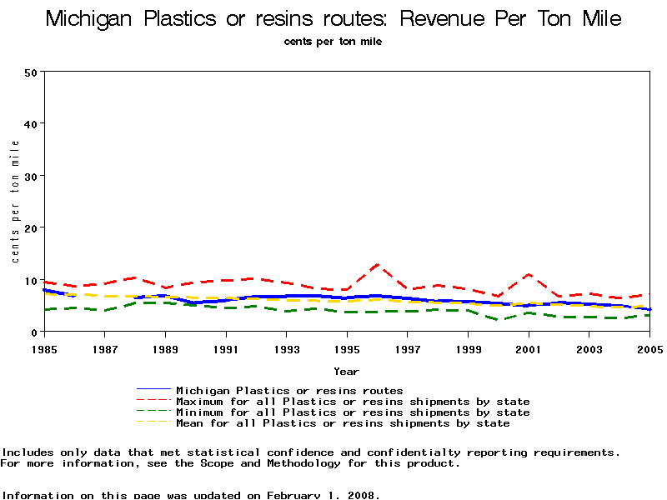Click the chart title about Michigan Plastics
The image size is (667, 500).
(x=333, y=18)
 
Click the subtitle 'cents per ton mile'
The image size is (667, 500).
(x=333, y=42)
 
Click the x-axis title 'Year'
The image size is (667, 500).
(x=347, y=371)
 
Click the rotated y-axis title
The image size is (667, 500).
(x=16, y=202)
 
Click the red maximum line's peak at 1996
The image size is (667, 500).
(x=378, y=265)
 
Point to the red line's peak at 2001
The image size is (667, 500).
(x=529, y=274)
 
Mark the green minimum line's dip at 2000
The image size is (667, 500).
(x=499, y=320)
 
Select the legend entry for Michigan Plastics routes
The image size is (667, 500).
(x=289, y=390)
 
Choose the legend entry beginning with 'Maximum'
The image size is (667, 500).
(x=353, y=402)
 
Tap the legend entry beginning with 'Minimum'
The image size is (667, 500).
(x=353, y=412)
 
